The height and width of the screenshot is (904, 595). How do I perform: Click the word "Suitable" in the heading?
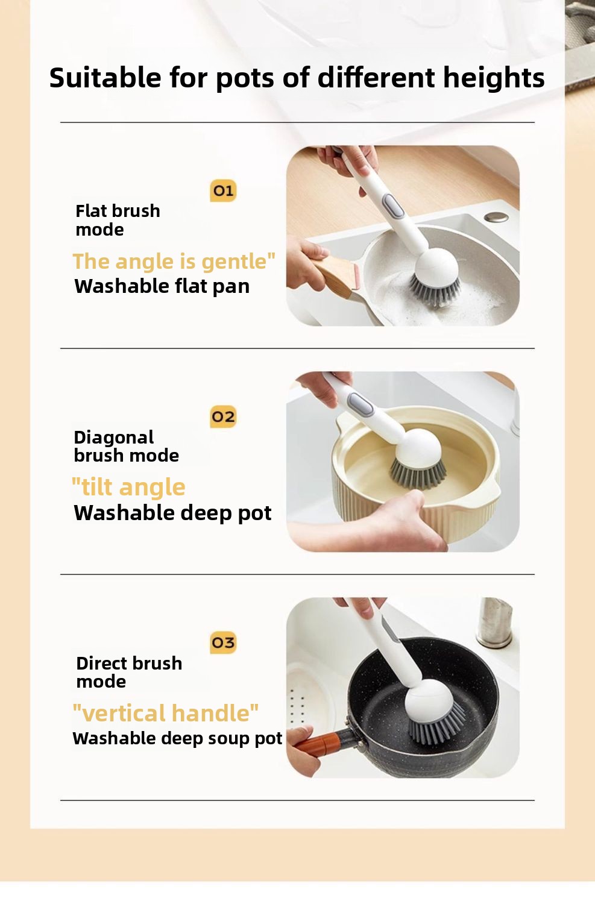(105, 77)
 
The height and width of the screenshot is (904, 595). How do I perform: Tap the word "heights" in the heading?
(494, 78)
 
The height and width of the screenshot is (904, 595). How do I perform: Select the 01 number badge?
(223, 190)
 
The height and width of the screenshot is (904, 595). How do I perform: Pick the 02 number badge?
(223, 416)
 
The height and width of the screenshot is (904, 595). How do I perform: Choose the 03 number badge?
(223, 642)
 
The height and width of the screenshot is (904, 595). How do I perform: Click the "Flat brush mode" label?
(118, 220)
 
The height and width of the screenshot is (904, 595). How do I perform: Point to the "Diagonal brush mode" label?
(127, 446)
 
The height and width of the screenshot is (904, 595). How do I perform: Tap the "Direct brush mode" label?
(129, 672)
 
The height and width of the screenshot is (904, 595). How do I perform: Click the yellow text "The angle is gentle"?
(174, 261)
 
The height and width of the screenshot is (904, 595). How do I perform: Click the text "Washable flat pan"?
(162, 286)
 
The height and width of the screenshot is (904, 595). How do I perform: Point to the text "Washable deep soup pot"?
(177, 738)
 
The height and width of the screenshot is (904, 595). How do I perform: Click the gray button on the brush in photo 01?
(393, 206)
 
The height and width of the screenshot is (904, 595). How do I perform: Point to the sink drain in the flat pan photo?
(497, 217)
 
